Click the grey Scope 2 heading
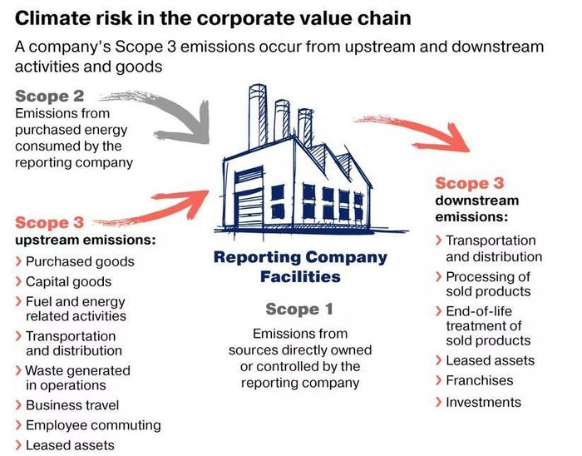(x=49, y=96)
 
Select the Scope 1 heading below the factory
(x=299, y=310)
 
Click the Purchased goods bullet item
(x=79, y=261)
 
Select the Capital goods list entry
(x=68, y=282)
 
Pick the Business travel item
(x=72, y=405)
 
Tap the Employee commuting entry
(x=92, y=425)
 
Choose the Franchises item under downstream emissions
(x=479, y=381)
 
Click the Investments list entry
(x=483, y=403)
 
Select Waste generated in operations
(x=76, y=378)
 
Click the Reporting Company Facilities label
(x=300, y=266)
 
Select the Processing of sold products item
(x=487, y=284)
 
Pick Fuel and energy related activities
(x=76, y=309)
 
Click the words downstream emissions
(x=476, y=208)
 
